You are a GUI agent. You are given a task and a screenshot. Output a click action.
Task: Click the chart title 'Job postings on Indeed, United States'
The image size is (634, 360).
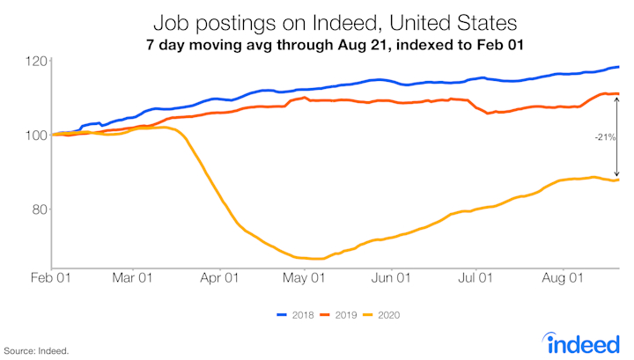click(316, 20)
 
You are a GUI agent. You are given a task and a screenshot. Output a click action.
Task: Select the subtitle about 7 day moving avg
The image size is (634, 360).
click(316, 43)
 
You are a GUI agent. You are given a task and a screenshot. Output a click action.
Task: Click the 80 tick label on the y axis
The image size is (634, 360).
click(38, 209)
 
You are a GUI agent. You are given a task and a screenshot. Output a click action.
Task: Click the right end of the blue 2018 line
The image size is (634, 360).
click(618, 67)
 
